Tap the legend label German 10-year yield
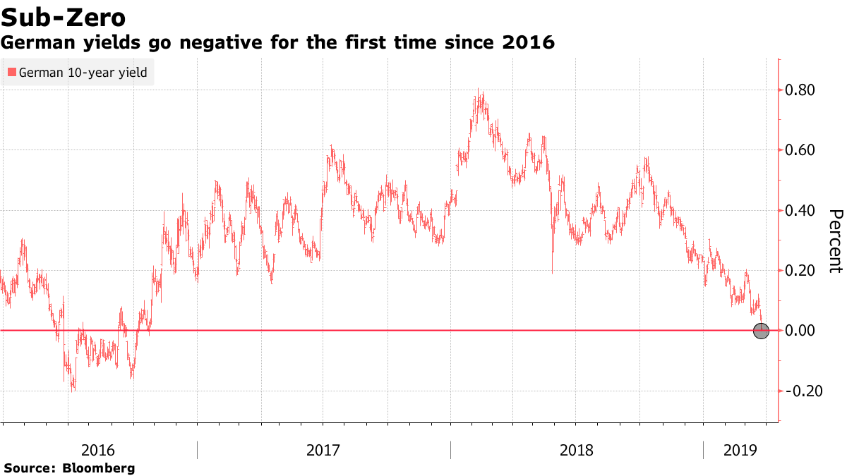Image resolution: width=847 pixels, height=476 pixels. pos(83,73)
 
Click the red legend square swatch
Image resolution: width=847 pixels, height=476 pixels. pos(11,73)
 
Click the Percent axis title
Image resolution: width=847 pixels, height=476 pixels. pos(835,240)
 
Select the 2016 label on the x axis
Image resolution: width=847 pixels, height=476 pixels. pos(99,449)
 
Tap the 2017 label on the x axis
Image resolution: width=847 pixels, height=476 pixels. pos(323,449)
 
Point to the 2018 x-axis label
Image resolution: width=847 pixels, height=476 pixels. pos(576,449)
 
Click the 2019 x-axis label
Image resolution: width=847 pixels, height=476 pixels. pos(740,449)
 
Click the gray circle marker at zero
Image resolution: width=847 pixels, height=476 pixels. pos(761,331)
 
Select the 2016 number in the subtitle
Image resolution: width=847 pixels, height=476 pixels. pos(527,43)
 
